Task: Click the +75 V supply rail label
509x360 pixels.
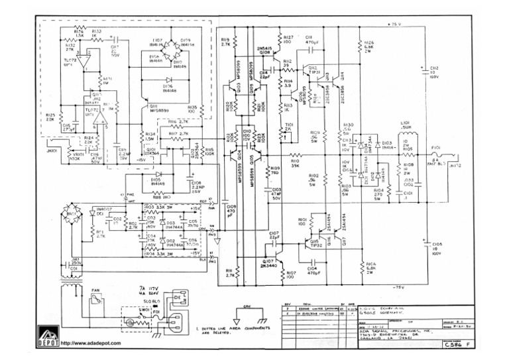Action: [395, 24]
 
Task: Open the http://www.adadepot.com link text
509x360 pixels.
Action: [90, 343]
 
